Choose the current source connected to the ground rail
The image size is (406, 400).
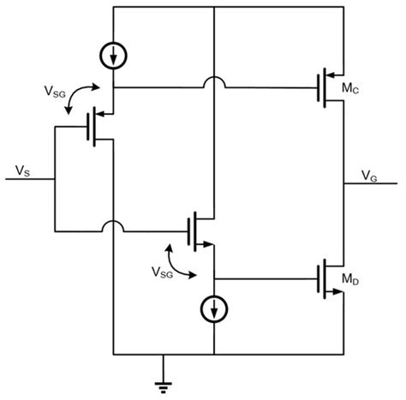[213, 307]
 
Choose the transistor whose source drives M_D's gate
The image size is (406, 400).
[200, 230]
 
